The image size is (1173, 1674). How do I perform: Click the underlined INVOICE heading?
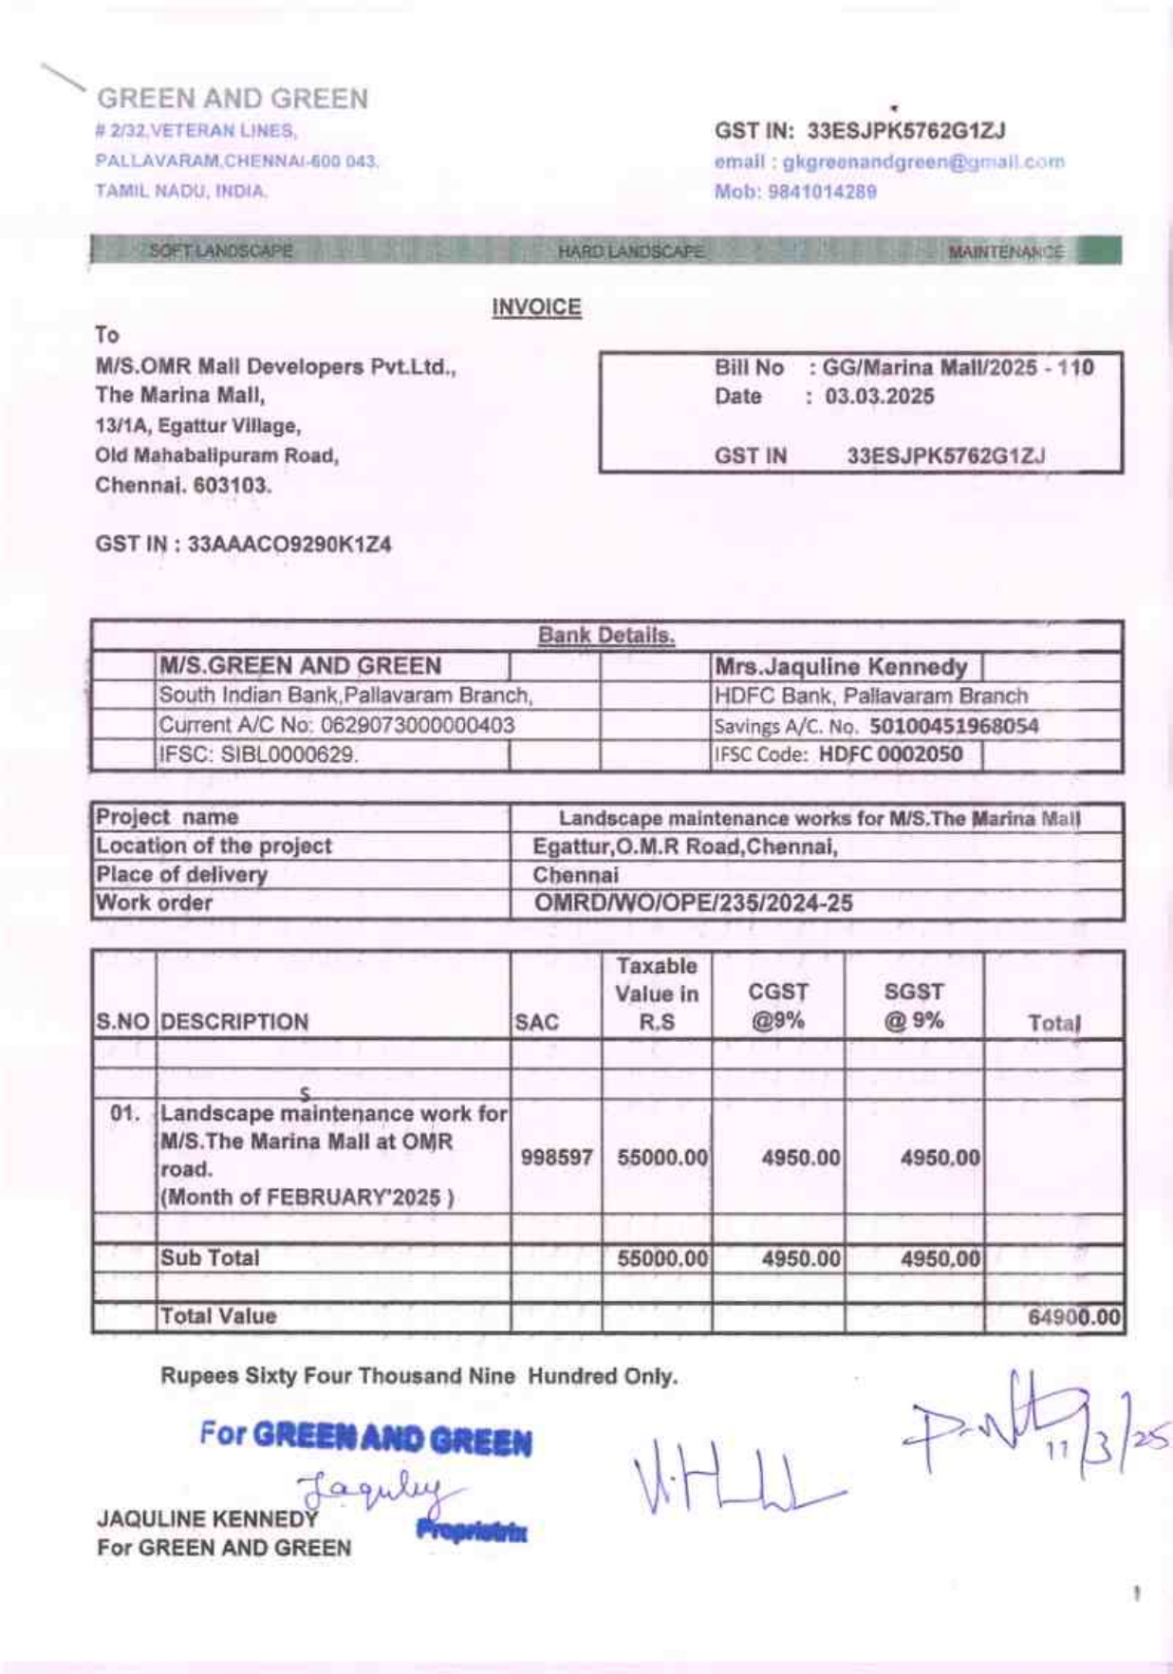click(536, 307)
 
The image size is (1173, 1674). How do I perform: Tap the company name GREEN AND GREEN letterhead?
click(233, 99)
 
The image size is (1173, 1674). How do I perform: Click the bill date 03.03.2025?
click(879, 397)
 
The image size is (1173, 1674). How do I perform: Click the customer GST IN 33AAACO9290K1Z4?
click(289, 545)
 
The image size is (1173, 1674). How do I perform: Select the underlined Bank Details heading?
click(606, 635)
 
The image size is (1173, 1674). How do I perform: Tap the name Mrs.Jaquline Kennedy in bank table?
click(841, 666)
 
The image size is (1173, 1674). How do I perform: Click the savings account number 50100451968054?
click(954, 727)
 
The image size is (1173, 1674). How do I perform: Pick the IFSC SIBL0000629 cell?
click(258, 755)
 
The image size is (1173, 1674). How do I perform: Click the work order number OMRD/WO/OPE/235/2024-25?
click(694, 902)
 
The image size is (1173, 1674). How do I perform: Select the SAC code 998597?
click(556, 1158)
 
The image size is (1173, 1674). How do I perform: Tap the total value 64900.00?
click(1073, 1317)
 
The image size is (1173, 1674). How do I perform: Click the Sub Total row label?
click(210, 1258)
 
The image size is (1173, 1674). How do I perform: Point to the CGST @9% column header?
click(778, 1006)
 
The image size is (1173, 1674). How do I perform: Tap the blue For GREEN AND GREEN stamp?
click(366, 1438)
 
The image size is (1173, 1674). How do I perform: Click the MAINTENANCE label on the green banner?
click(1006, 251)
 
